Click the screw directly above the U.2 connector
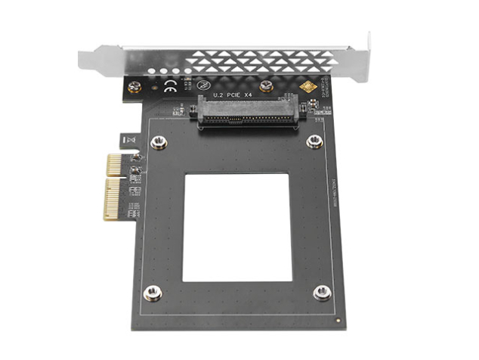pos(266,86)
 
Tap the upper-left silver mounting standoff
pos(158,143)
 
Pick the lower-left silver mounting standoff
pos(152,293)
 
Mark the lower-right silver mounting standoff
pos(323,292)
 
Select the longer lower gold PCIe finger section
pos(113,200)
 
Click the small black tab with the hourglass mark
pos(128,140)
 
